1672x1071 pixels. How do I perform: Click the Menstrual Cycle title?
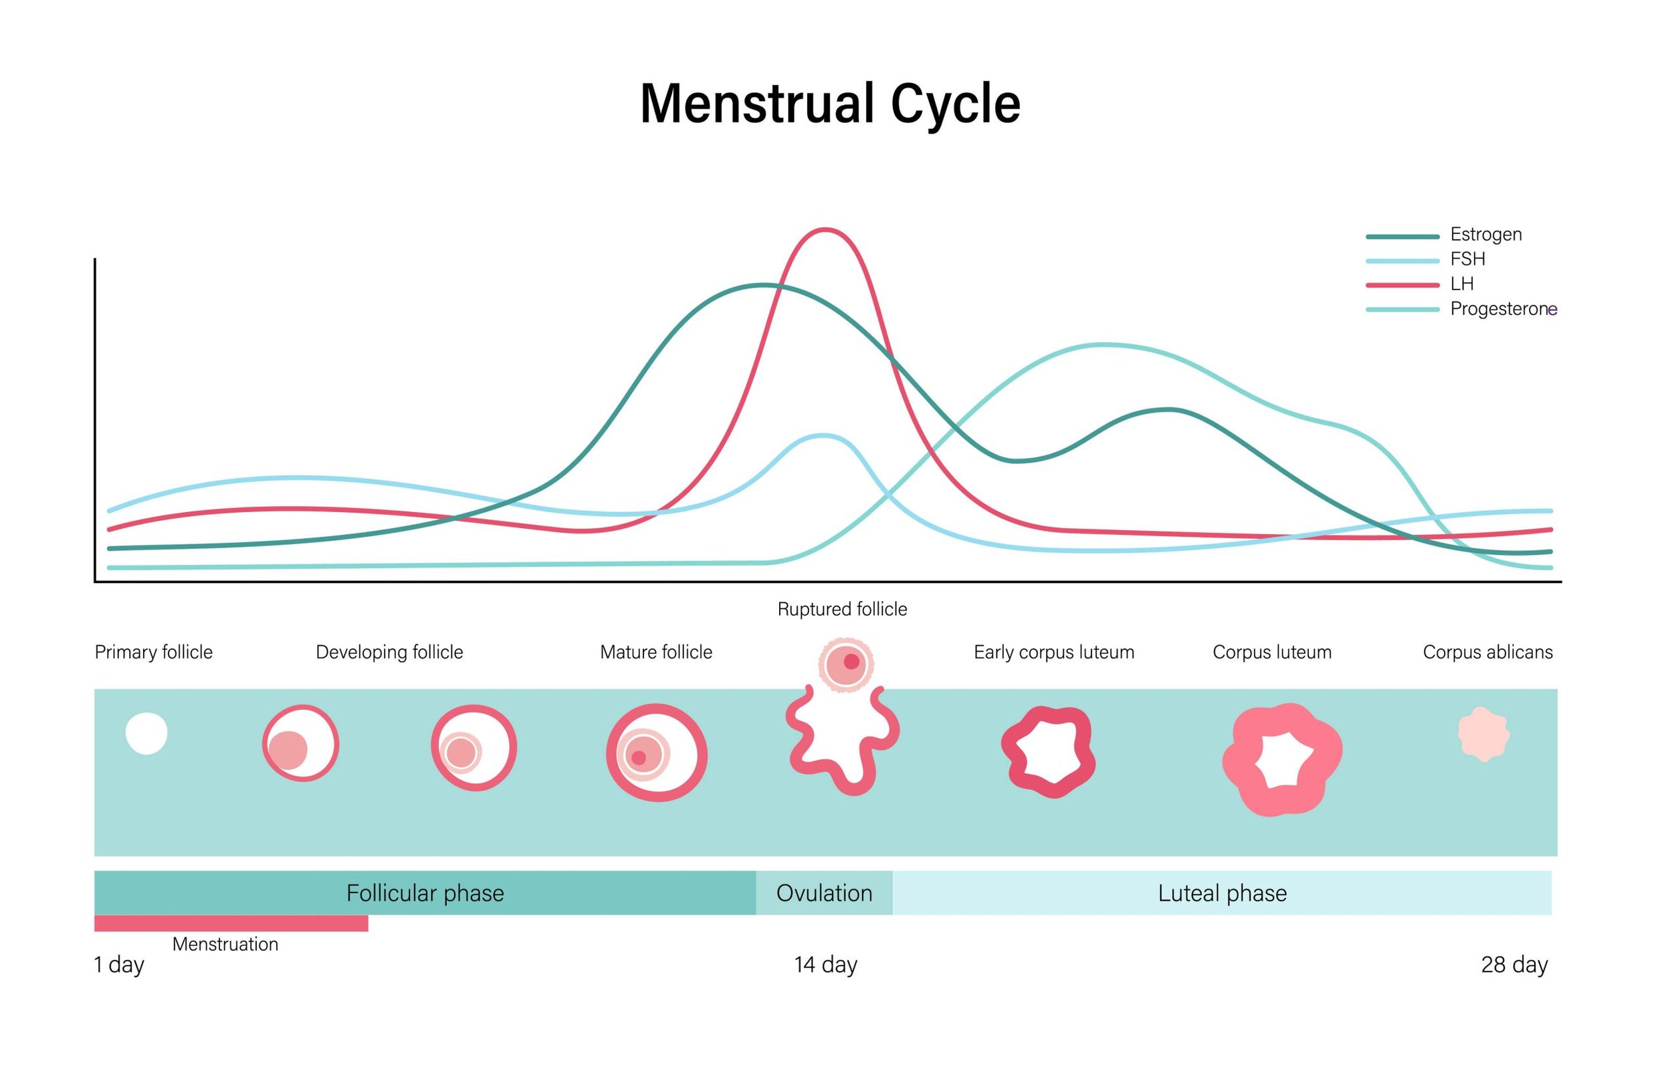click(830, 104)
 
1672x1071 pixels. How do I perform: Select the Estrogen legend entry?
click(1485, 235)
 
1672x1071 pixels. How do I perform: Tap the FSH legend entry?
click(1467, 259)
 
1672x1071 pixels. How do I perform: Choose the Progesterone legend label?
click(1502, 309)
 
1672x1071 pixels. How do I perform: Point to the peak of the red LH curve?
click(824, 229)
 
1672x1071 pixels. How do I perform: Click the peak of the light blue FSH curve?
click(823, 436)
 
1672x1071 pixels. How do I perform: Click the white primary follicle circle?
click(146, 733)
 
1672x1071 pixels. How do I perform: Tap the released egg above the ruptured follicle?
click(845, 664)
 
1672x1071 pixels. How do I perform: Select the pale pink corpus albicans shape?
click(1483, 735)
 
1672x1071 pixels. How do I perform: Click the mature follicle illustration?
click(657, 753)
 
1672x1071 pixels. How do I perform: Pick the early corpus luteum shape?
click(1049, 752)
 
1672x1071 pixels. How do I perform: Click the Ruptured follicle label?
click(841, 609)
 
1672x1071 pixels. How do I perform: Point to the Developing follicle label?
click(389, 652)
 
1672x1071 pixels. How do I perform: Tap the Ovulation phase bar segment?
click(823, 893)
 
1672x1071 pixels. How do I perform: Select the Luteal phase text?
click(1221, 893)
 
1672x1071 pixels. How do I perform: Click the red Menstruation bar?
click(231, 923)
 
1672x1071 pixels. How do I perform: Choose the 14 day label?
click(825, 965)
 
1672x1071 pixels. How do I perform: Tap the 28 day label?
click(1514, 965)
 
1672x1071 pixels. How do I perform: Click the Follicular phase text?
click(425, 893)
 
